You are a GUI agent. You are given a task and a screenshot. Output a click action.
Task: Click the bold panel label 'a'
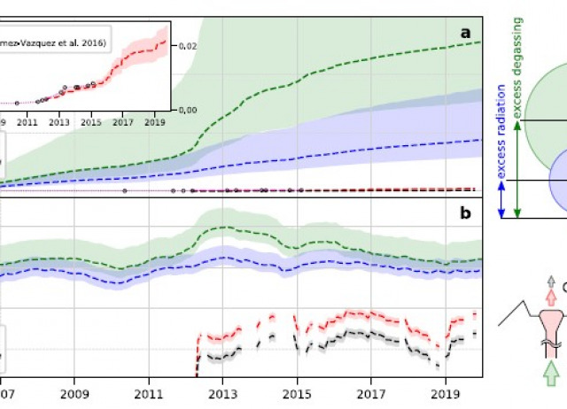465,34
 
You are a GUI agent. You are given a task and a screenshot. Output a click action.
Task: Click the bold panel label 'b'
465,212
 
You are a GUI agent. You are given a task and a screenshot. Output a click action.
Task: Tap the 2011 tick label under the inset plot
26,123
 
